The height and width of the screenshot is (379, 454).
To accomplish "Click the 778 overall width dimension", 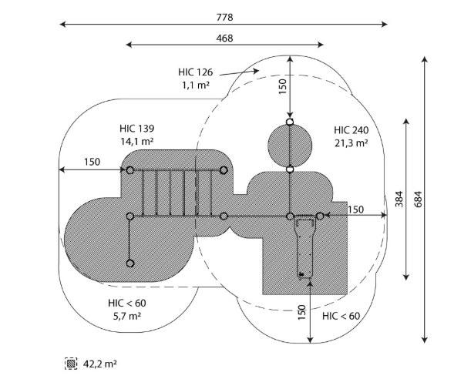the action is point(224,18).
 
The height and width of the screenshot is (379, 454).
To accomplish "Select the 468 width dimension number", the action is point(224,39).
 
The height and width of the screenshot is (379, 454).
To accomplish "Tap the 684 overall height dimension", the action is point(418,199).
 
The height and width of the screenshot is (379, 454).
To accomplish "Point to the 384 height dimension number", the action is point(399,199).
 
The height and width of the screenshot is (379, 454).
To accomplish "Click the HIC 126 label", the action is point(196,72).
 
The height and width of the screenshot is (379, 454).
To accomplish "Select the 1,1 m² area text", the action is point(196,85).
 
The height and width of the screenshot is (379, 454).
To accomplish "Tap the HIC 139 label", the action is point(137,128).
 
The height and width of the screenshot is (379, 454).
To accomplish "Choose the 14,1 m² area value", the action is point(137,141).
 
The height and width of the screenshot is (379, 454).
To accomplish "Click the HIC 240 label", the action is point(351,130).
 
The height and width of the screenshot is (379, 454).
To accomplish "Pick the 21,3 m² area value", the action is point(351,143).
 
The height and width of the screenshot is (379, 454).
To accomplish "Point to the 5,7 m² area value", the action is point(127,316).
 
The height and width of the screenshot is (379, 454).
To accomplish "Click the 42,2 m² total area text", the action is point(100,364).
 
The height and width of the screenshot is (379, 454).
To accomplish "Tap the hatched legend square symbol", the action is point(71,364).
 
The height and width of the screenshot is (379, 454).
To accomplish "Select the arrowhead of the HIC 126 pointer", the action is point(256,71).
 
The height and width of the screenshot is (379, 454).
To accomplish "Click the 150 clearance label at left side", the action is point(92,162).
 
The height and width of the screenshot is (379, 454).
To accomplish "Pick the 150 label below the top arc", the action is point(282,86).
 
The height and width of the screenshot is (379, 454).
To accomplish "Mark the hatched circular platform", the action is point(290,146).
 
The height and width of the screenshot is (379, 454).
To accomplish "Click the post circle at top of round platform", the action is point(290,122).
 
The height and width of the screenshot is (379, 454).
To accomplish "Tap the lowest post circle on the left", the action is point(130,263).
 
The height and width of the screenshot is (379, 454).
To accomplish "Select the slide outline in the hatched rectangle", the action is point(304,247).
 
